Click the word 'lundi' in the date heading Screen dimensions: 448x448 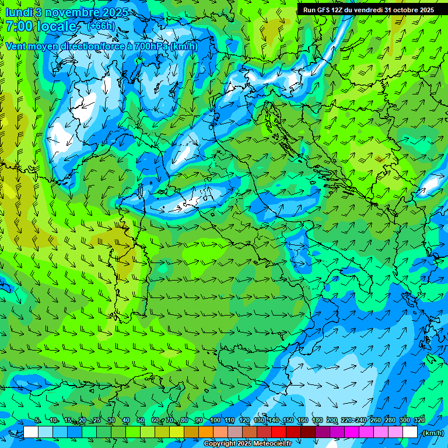[18, 12]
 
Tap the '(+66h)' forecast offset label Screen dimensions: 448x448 [100, 26]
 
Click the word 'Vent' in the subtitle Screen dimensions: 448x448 [17, 46]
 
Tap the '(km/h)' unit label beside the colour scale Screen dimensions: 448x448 [432, 433]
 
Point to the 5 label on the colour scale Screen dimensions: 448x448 [37, 421]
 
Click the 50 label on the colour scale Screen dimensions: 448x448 [141, 421]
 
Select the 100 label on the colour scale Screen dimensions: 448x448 [215, 421]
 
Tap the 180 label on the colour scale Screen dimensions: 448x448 [317, 421]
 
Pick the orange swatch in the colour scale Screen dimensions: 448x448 [206, 432]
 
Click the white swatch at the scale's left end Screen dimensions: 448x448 [31, 432]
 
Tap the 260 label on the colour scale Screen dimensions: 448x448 [376, 421]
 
